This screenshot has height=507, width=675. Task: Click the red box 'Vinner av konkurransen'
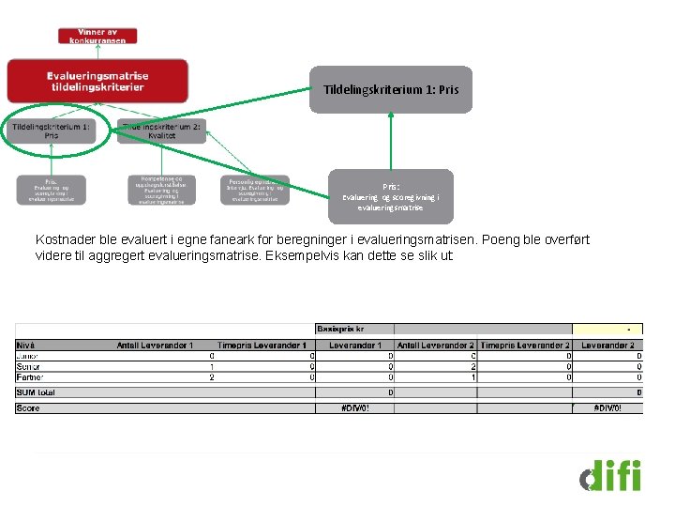(x=98, y=36)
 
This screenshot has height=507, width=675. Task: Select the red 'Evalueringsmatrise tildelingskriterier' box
(x=97, y=81)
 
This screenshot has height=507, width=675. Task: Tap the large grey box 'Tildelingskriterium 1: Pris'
(x=391, y=90)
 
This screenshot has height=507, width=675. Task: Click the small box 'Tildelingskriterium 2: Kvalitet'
(x=161, y=131)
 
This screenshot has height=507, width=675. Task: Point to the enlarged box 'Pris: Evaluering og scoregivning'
(x=390, y=196)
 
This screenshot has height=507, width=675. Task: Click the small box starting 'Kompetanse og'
(x=161, y=190)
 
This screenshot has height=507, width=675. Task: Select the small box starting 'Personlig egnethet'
(x=255, y=190)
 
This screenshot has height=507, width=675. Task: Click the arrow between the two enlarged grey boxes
(x=391, y=141)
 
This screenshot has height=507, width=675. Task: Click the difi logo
(x=610, y=475)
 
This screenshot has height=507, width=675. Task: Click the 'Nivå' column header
(x=26, y=346)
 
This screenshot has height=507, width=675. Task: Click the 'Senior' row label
(x=29, y=366)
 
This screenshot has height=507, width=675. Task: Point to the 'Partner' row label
(x=30, y=376)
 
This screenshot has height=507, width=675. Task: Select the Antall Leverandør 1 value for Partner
(x=212, y=376)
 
